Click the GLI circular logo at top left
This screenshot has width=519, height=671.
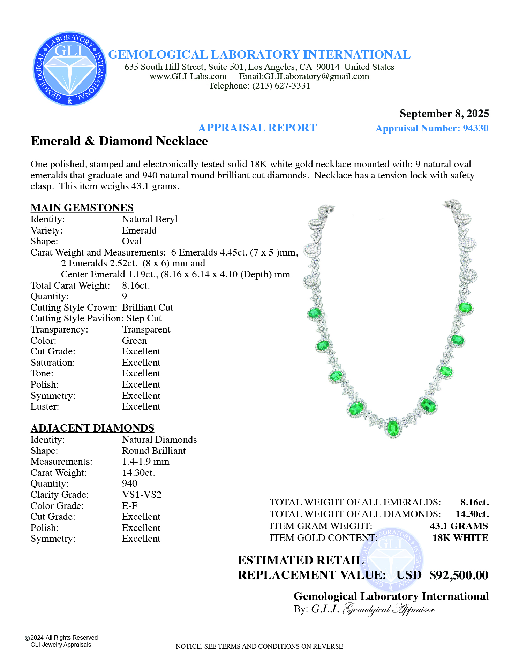(70, 69)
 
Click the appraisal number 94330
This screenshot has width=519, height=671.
(475, 128)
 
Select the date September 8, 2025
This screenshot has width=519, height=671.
(444, 114)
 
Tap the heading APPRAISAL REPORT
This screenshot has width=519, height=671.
(257, 128)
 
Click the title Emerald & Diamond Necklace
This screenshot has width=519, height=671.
(119, 141)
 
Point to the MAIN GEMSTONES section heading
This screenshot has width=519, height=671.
(82, 208)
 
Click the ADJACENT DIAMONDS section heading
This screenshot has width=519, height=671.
(92, 428)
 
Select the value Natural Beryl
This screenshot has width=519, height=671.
(150, 219)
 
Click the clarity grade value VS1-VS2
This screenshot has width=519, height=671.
(142, 495)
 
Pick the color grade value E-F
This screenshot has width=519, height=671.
(130, 506)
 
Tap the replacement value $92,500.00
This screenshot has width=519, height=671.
(459, 575)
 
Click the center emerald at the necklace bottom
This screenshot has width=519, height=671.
(393, 428)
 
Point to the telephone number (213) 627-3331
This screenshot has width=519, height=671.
(281, 86)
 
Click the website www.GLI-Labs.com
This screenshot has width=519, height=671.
(188, 76)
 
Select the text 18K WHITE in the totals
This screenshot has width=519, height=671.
(460, 538)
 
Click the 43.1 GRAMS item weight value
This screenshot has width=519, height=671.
(459, 526)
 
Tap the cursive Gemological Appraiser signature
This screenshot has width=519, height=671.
(389, 609)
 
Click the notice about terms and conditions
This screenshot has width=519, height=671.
(259, 646)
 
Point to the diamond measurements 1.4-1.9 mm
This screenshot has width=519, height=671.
(145, 462)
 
